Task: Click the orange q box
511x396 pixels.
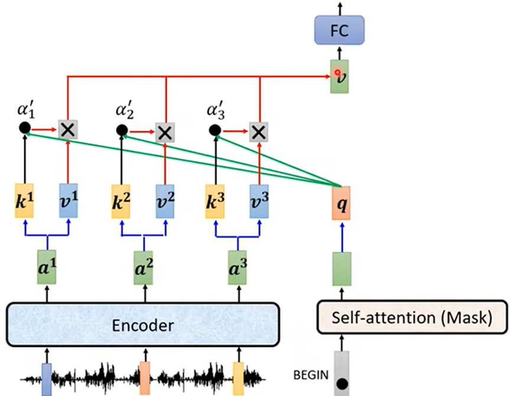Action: pos(341,203)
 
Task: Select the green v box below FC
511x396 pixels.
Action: pos(340,76)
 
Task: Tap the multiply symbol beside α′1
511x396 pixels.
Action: pos(67,129)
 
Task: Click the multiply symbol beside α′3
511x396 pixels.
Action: pos(258,131)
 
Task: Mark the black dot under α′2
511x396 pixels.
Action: pos(121,130)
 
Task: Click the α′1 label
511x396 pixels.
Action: pos(26,111)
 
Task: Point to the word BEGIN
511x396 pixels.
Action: pos(309,374)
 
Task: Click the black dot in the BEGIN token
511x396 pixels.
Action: pos(342,385)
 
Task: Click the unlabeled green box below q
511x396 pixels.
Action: pos(341,268)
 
